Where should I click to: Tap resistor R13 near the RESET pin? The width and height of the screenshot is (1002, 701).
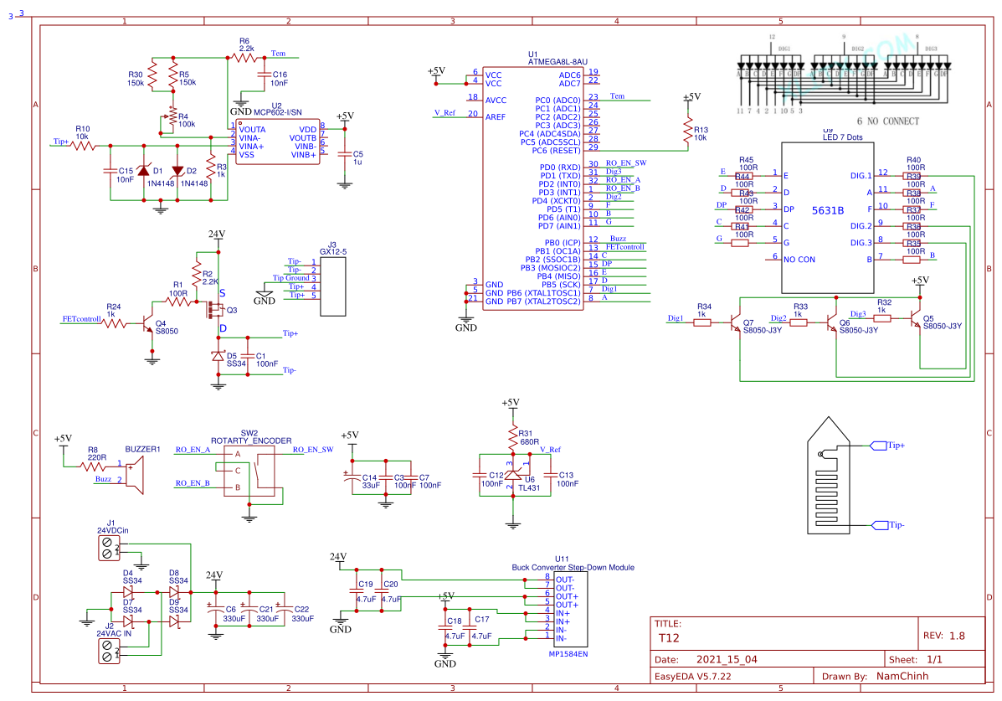point(688,130)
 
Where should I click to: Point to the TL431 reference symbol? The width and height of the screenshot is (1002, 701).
point(512,475)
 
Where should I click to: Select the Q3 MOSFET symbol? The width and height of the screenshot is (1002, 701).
point(214,311)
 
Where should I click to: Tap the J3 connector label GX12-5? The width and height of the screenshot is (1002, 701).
point(333,251)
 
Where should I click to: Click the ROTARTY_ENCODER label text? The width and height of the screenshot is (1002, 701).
point(251,441)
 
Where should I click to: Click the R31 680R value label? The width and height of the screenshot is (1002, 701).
point(530,441)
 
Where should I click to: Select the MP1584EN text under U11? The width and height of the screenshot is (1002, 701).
point(568,654)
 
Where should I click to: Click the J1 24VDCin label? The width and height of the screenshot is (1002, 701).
point(112,531)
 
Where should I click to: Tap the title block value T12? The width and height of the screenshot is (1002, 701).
point(669,637)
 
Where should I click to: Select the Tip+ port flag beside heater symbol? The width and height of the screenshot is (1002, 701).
point(880,446)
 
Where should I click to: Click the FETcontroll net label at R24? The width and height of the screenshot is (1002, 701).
point(82,319)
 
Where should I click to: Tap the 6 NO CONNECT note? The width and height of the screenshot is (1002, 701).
point(887,121)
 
